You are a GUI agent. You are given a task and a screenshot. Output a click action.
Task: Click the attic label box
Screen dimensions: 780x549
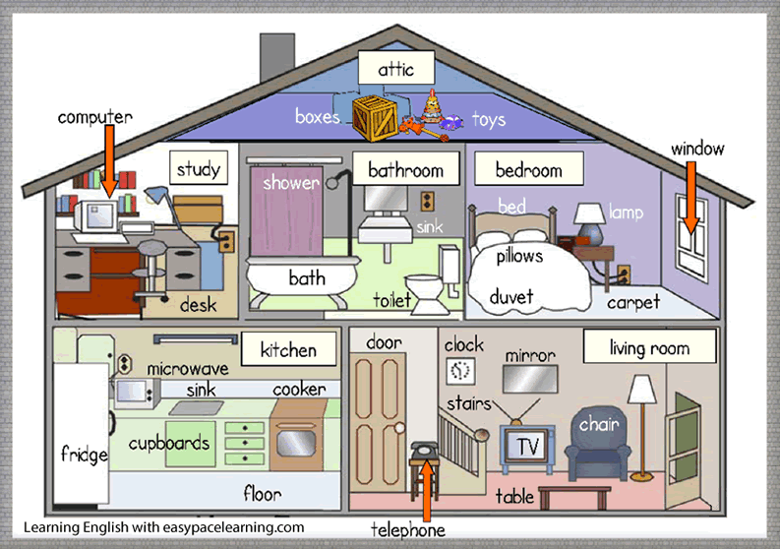point(396,68)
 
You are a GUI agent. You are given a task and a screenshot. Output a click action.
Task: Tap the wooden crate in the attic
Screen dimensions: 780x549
point(375,117)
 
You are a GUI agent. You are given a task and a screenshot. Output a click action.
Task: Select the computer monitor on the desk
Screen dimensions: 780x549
point(96,216)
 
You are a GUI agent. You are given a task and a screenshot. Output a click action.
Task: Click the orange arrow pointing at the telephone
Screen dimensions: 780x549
point(426,492)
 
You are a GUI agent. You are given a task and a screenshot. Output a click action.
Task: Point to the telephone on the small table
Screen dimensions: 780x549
point(424,450)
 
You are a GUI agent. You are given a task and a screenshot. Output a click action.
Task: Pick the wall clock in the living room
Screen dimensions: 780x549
point(460,371)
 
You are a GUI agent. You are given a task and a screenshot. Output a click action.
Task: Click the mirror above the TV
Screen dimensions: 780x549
point(530,379)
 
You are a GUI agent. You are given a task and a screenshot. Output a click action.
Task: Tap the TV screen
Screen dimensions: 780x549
point(527,446)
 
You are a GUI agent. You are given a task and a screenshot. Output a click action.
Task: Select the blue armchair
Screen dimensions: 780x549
point(598,444)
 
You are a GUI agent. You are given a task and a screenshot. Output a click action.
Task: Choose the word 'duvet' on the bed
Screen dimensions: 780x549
point(510,297)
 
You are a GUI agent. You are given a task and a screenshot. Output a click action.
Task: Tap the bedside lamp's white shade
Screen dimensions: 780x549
point(589,213)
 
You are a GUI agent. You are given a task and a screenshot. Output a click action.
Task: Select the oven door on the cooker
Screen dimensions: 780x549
point(296,442)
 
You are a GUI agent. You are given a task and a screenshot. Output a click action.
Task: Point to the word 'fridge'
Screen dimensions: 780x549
point(84,454)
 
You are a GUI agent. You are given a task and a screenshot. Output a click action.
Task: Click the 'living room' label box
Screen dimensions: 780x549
point(649,346)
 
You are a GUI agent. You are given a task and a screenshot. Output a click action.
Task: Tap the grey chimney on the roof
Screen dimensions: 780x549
point(277,56)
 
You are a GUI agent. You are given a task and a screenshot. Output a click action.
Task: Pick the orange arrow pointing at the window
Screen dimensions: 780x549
point(690,197)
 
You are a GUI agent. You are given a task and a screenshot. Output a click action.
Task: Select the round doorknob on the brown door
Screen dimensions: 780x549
point(399,428)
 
